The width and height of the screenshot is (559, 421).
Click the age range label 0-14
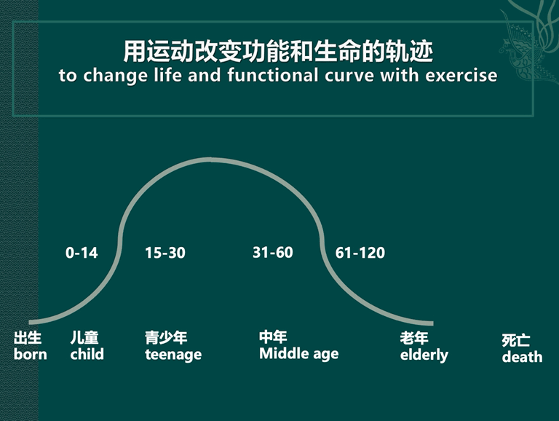pos(82,253)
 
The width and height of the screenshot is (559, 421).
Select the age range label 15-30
pos(165,253)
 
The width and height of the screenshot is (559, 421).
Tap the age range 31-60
pos(273,252)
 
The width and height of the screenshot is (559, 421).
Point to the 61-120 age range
pos(360,253)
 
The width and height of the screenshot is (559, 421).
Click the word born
pos(31,354)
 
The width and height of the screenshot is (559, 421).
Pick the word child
pos(87,354)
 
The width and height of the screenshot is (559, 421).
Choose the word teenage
pos(173,355)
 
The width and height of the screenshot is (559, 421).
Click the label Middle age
pos(298,354)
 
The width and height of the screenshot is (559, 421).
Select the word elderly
pos(424,355)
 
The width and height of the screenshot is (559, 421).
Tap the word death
pos(523,357)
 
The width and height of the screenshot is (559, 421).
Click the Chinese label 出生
pos(28,337)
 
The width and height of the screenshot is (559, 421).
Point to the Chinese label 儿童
pos(84,337)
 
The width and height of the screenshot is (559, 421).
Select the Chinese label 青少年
pos(166,337)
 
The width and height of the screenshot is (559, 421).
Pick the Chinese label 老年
pos(414,338)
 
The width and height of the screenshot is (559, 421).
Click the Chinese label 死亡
pos(516,340)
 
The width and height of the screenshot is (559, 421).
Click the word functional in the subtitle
pos(273,75)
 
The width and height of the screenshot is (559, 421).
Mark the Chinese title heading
pos(278,52)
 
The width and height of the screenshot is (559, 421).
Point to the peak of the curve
pos(210,160)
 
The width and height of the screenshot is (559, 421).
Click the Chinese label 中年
pos(273,337)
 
